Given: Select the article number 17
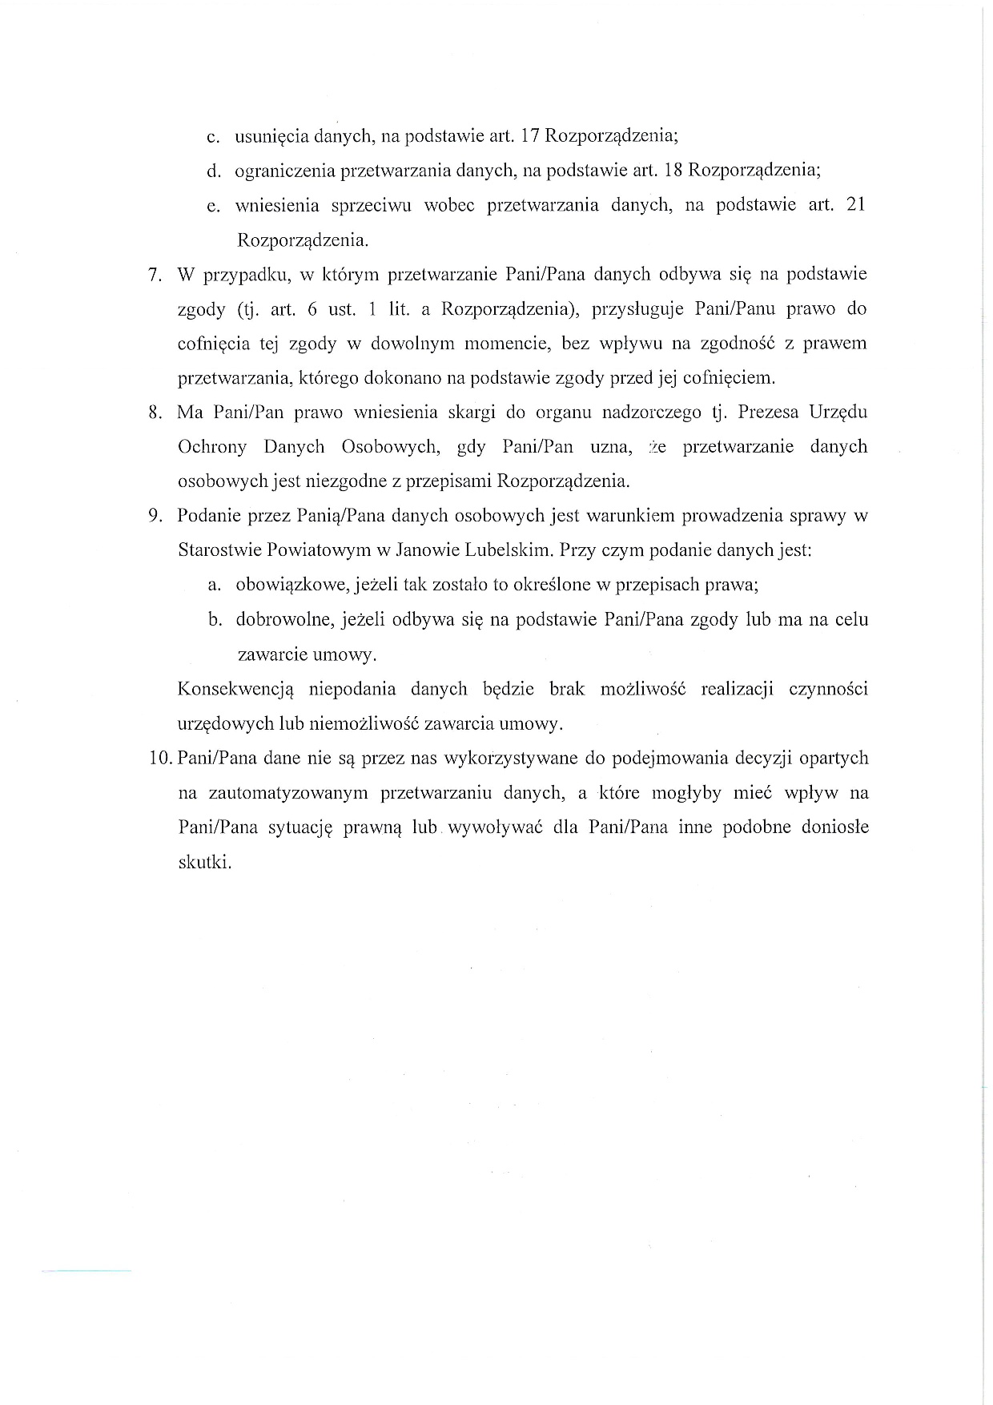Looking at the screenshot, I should [530, 135].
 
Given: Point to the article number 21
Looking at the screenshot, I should [855, 204].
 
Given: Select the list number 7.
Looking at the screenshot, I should [155, 275].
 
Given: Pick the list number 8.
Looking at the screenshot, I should [155, 413].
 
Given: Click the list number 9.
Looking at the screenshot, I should [155, 517].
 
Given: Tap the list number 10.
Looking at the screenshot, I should [160, 759].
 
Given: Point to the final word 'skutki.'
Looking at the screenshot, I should [204, 863].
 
